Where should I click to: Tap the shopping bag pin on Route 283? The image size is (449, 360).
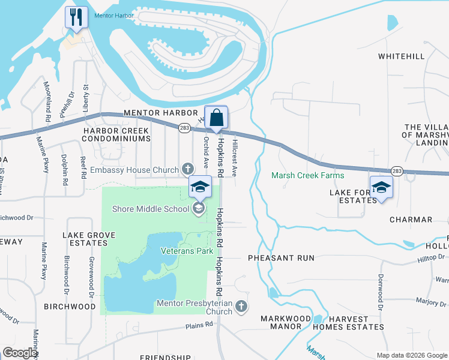(216, 118)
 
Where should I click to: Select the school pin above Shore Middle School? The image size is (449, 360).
(200, 187)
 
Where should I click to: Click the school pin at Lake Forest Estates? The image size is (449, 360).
(381, 187)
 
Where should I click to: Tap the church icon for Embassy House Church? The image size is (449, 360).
(187, 170)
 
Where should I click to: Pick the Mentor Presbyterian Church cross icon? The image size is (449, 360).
(241, 307)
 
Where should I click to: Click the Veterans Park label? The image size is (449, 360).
(187, 251)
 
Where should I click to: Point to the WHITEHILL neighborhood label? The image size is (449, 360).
(401, 56)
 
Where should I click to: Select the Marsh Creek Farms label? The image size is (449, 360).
(308, 176)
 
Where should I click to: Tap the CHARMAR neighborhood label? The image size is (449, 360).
(411, 220)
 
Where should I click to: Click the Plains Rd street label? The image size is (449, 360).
(200, 325)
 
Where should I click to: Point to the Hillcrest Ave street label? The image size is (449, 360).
(235, 158)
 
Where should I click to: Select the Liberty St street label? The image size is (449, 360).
(86, 97)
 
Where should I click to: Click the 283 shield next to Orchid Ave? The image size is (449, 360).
(184, 127)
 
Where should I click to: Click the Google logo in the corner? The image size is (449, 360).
(20, 353)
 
